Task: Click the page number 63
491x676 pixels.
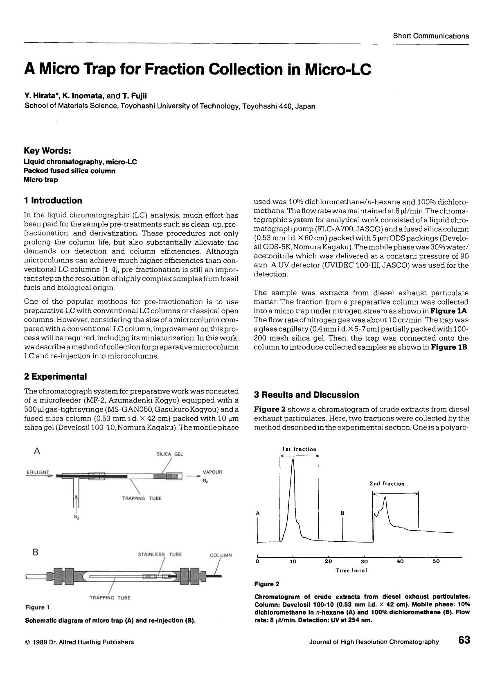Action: click(464, 640)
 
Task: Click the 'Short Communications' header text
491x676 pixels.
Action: click(431, 36)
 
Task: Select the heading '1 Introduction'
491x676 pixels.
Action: click(53, 201)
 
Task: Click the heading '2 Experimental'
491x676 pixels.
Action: click(56, 377)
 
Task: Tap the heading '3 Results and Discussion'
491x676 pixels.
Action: click(306, 395)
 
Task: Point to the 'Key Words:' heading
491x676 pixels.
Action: click(47, 151)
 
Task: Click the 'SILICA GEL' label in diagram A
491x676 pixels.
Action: click(170, 454)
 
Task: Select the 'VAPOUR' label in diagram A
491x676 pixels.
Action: click(212, 472)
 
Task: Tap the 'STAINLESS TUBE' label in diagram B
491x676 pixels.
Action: click(160, 554)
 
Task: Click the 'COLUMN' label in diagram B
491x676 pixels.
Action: click(221, 555)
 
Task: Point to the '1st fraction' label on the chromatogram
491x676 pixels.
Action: click(299, 449)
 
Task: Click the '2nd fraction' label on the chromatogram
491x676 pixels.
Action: click(387, 484)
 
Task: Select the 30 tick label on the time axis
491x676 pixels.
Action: click(364, 561)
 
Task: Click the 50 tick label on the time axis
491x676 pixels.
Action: click(436, 561)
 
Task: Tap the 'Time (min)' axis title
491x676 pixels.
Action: click(351, 570)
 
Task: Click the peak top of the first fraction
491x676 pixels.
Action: click(293, 460)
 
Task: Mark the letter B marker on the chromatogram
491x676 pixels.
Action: click(342, 513)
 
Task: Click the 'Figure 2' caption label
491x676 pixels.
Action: click(267, 584)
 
